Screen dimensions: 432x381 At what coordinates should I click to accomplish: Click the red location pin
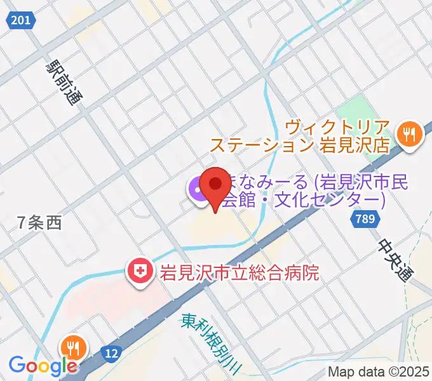215,185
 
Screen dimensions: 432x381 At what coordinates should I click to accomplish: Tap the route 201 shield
20,21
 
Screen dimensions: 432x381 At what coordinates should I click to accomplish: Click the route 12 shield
112,352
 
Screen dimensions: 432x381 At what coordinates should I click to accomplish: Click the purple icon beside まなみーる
196,190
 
